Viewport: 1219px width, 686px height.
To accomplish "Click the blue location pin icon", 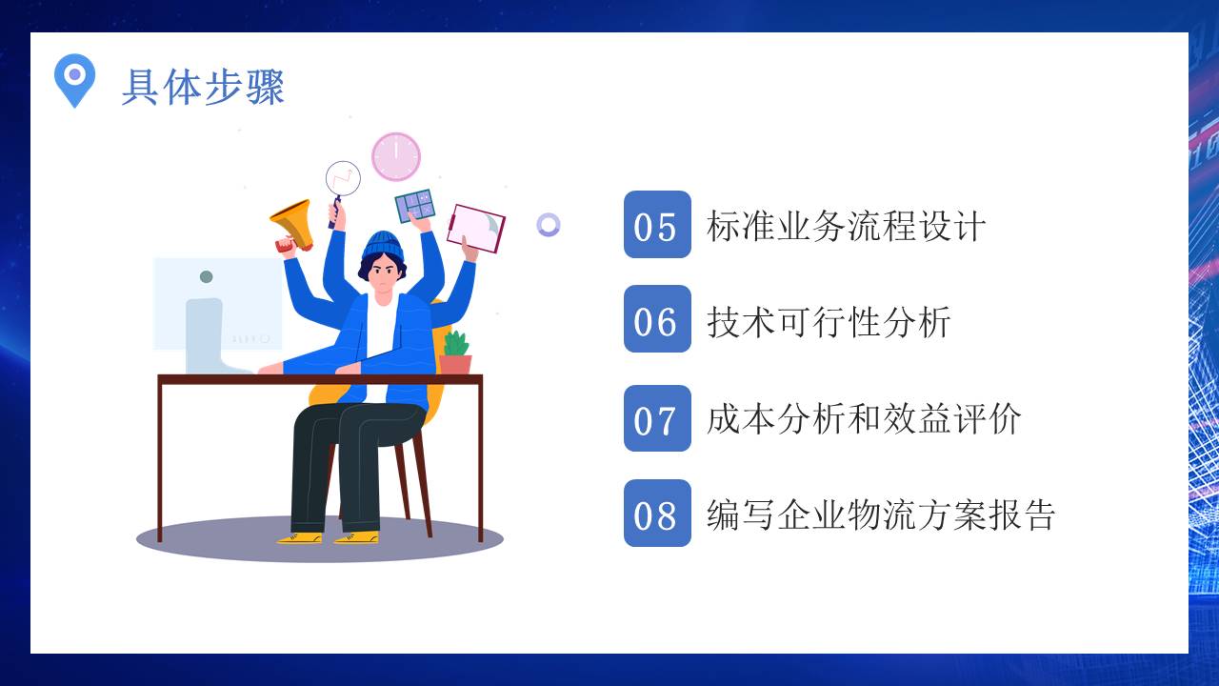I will click(x=74, y=77).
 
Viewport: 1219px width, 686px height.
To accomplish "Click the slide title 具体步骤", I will click(x=203, y=88).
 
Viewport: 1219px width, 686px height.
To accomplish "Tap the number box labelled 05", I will click(x=657, y=225).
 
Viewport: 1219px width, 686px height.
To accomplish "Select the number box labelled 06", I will click(x=657, y=319).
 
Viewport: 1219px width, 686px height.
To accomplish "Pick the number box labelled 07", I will click(x=657, y=418).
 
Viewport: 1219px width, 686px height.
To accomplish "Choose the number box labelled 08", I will click(x=657, y=514).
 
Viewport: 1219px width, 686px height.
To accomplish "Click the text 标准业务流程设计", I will click(x=846, y=227).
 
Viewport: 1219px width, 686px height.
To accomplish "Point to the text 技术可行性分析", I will click(x=829, y=321).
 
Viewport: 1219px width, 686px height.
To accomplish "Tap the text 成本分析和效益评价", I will click(x=864, y=419).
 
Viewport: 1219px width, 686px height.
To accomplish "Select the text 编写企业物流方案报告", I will click(x=881, y=514).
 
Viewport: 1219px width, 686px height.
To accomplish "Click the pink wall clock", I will click(x=395, y=156).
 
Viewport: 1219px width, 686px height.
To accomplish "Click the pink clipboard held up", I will click(x=476, y=228).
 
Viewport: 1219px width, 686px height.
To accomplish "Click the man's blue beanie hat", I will click(x=383, y=245).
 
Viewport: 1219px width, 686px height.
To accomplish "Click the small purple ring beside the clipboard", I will click(x=548, y=225).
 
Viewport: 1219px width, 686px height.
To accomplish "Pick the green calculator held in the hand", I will click(x=415, y=206).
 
